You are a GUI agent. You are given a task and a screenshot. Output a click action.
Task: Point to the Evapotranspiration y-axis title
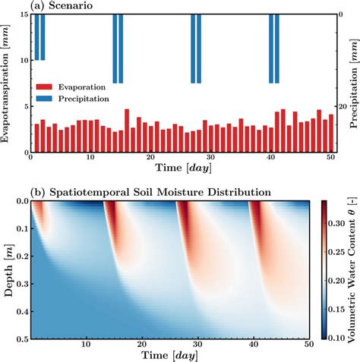pos(6,83)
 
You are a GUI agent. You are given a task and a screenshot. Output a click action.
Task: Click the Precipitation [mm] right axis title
pos(353,83)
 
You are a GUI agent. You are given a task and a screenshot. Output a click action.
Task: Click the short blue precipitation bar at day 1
pos(36,36)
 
